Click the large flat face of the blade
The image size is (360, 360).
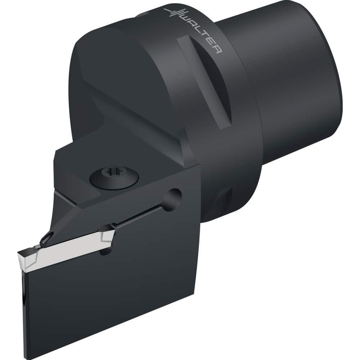point(119,288)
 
